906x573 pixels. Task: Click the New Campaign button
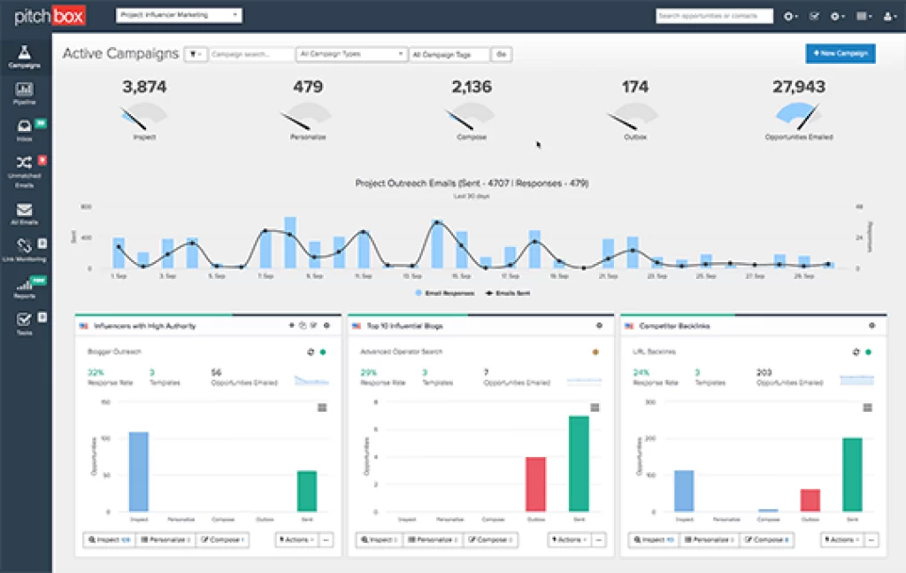tap(840, 53)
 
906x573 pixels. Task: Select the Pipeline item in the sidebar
tap(24, 93)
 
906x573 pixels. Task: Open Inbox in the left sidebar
tap(24, 130)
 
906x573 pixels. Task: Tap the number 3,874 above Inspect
tap(144, 87)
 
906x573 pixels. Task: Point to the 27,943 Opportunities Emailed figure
tap(798, 87)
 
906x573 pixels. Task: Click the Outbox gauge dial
tap(634, 119)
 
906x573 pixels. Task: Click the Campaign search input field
tap(251, 54)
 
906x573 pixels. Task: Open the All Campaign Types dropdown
tap(351, 54)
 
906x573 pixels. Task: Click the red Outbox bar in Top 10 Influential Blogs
tap(535, 484)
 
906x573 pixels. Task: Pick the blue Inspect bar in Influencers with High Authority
tap(138, 471)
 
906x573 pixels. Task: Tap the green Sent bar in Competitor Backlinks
tap(851, 474)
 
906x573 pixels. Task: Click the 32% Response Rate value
tap(96, 372)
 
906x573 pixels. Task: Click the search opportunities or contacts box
tap(714, 16)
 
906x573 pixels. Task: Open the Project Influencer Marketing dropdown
tap(180, 15)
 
